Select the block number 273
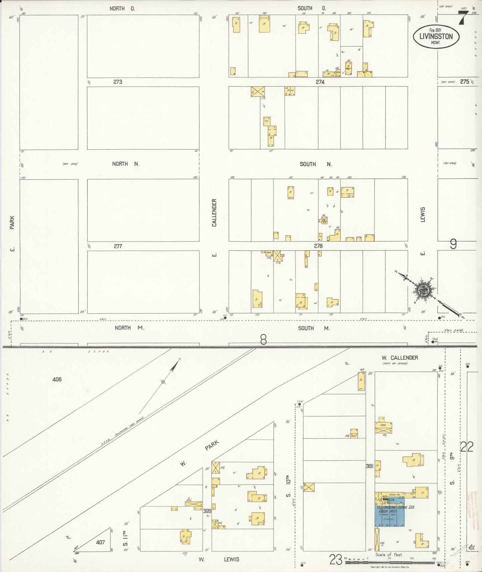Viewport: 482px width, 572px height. pyautogui.click(x=118, y=82)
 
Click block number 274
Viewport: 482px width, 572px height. pyautogui.click(x=320, y=82)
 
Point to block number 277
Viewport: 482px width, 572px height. pyautogui.click(x=118, y=246)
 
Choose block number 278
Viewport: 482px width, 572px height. pyautogui.click(x=318, y=246)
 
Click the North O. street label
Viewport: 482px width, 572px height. pyautogui.click(x=122, y=9)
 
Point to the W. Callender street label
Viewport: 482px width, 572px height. pyautogui.click(x=400, y=357)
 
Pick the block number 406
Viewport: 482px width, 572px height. pyautogui.click(x=57, y=379)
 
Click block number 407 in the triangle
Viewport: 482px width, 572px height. pyautogui.click(x=100, y=542)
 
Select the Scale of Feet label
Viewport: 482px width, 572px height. pyautogui.click(x=389, y=555)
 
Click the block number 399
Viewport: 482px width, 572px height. pyautogui.click(x=207, y=511)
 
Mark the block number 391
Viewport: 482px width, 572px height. pyautogui.click(x=369, y=466)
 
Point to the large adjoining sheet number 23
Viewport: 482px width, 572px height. pyautogui.click(x=336, y=560)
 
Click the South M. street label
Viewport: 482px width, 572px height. pyautogui.click(x=314, y=328)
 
